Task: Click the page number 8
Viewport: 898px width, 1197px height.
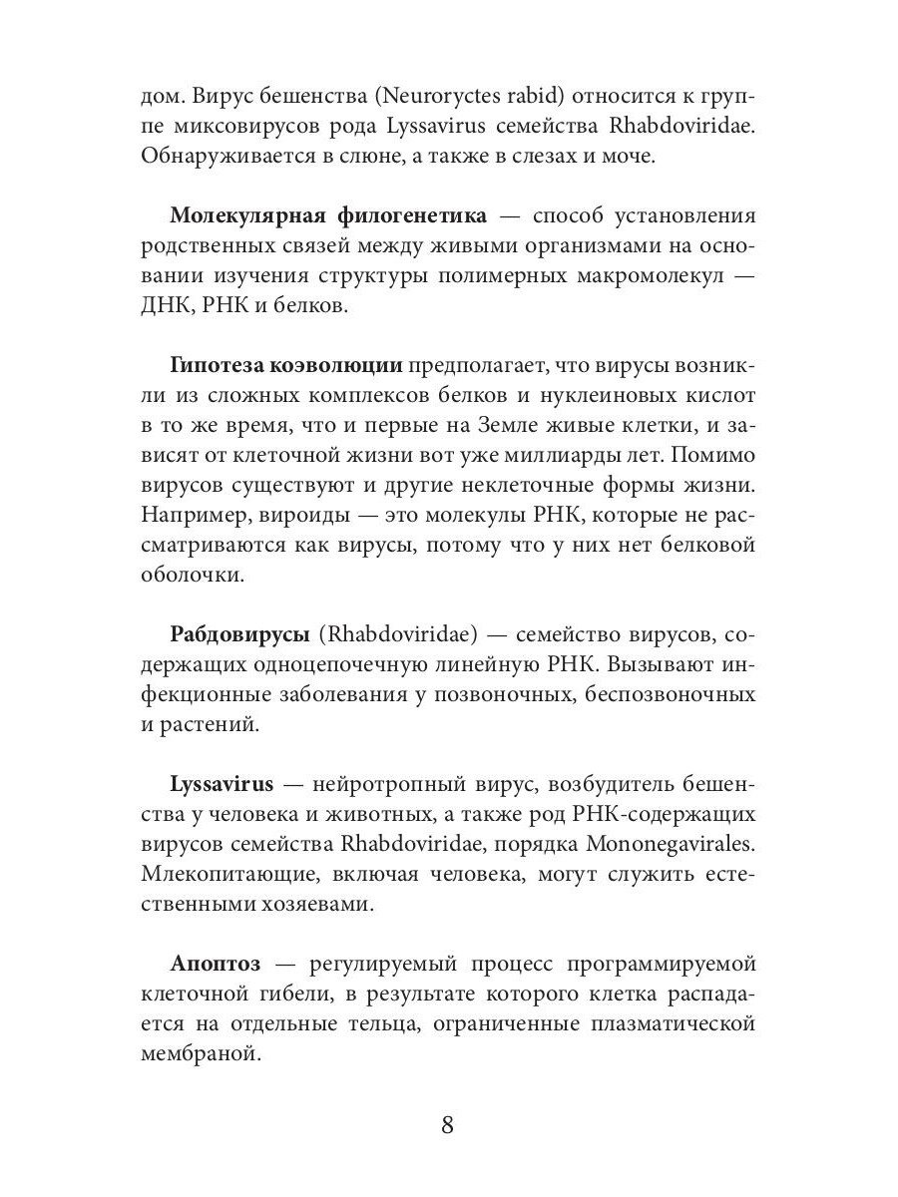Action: coord(447,1125)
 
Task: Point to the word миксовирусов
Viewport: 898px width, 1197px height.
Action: coord(253,128)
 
